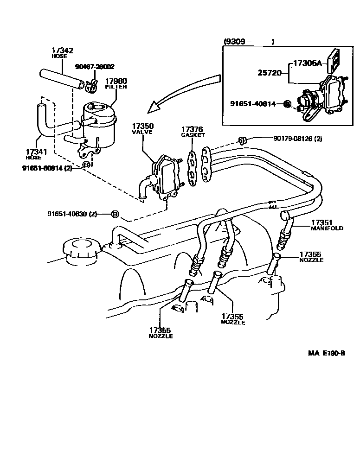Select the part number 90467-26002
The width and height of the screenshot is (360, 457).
[x=95, y=67]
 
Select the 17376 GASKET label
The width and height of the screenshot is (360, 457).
[x=193, y=132]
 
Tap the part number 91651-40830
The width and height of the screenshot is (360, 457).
[x=72, y=214]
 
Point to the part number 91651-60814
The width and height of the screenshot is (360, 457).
[x=47, y=167]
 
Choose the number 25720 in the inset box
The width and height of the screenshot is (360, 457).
[x=269, y=72]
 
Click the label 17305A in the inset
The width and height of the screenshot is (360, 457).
[x=307, y=63]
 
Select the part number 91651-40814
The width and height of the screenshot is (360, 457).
[x=256, y=104]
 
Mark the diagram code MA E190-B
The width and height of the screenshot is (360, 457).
[x=327, y=366]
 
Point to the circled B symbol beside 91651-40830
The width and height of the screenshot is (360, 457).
[x=115, y=214]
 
